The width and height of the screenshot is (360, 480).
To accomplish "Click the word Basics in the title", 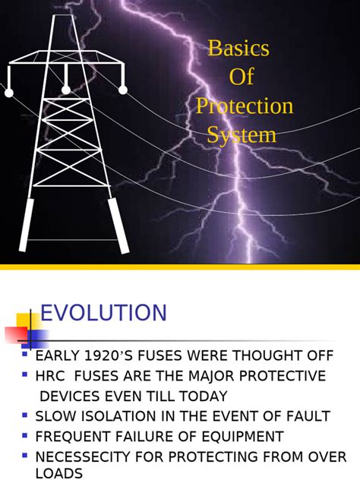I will click(238, 49).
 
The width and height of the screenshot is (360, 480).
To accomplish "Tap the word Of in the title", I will click(241, 77).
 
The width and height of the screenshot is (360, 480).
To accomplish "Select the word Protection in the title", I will click(245, 106).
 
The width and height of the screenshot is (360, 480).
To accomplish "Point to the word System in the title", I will click(242, 135).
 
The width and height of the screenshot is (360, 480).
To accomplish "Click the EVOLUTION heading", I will click(103, 313).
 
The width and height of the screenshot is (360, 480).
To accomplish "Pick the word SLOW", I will click(57, 416).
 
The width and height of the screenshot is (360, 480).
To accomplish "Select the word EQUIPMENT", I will click(236, 437).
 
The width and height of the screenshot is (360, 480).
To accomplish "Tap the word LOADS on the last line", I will click(59, 473).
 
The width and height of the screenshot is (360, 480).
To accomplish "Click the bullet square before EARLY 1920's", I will click(25, 353).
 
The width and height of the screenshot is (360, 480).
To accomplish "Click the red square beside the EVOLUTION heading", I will click(14, 335).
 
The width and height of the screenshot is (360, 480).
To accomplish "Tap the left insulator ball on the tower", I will click(9, 93).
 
